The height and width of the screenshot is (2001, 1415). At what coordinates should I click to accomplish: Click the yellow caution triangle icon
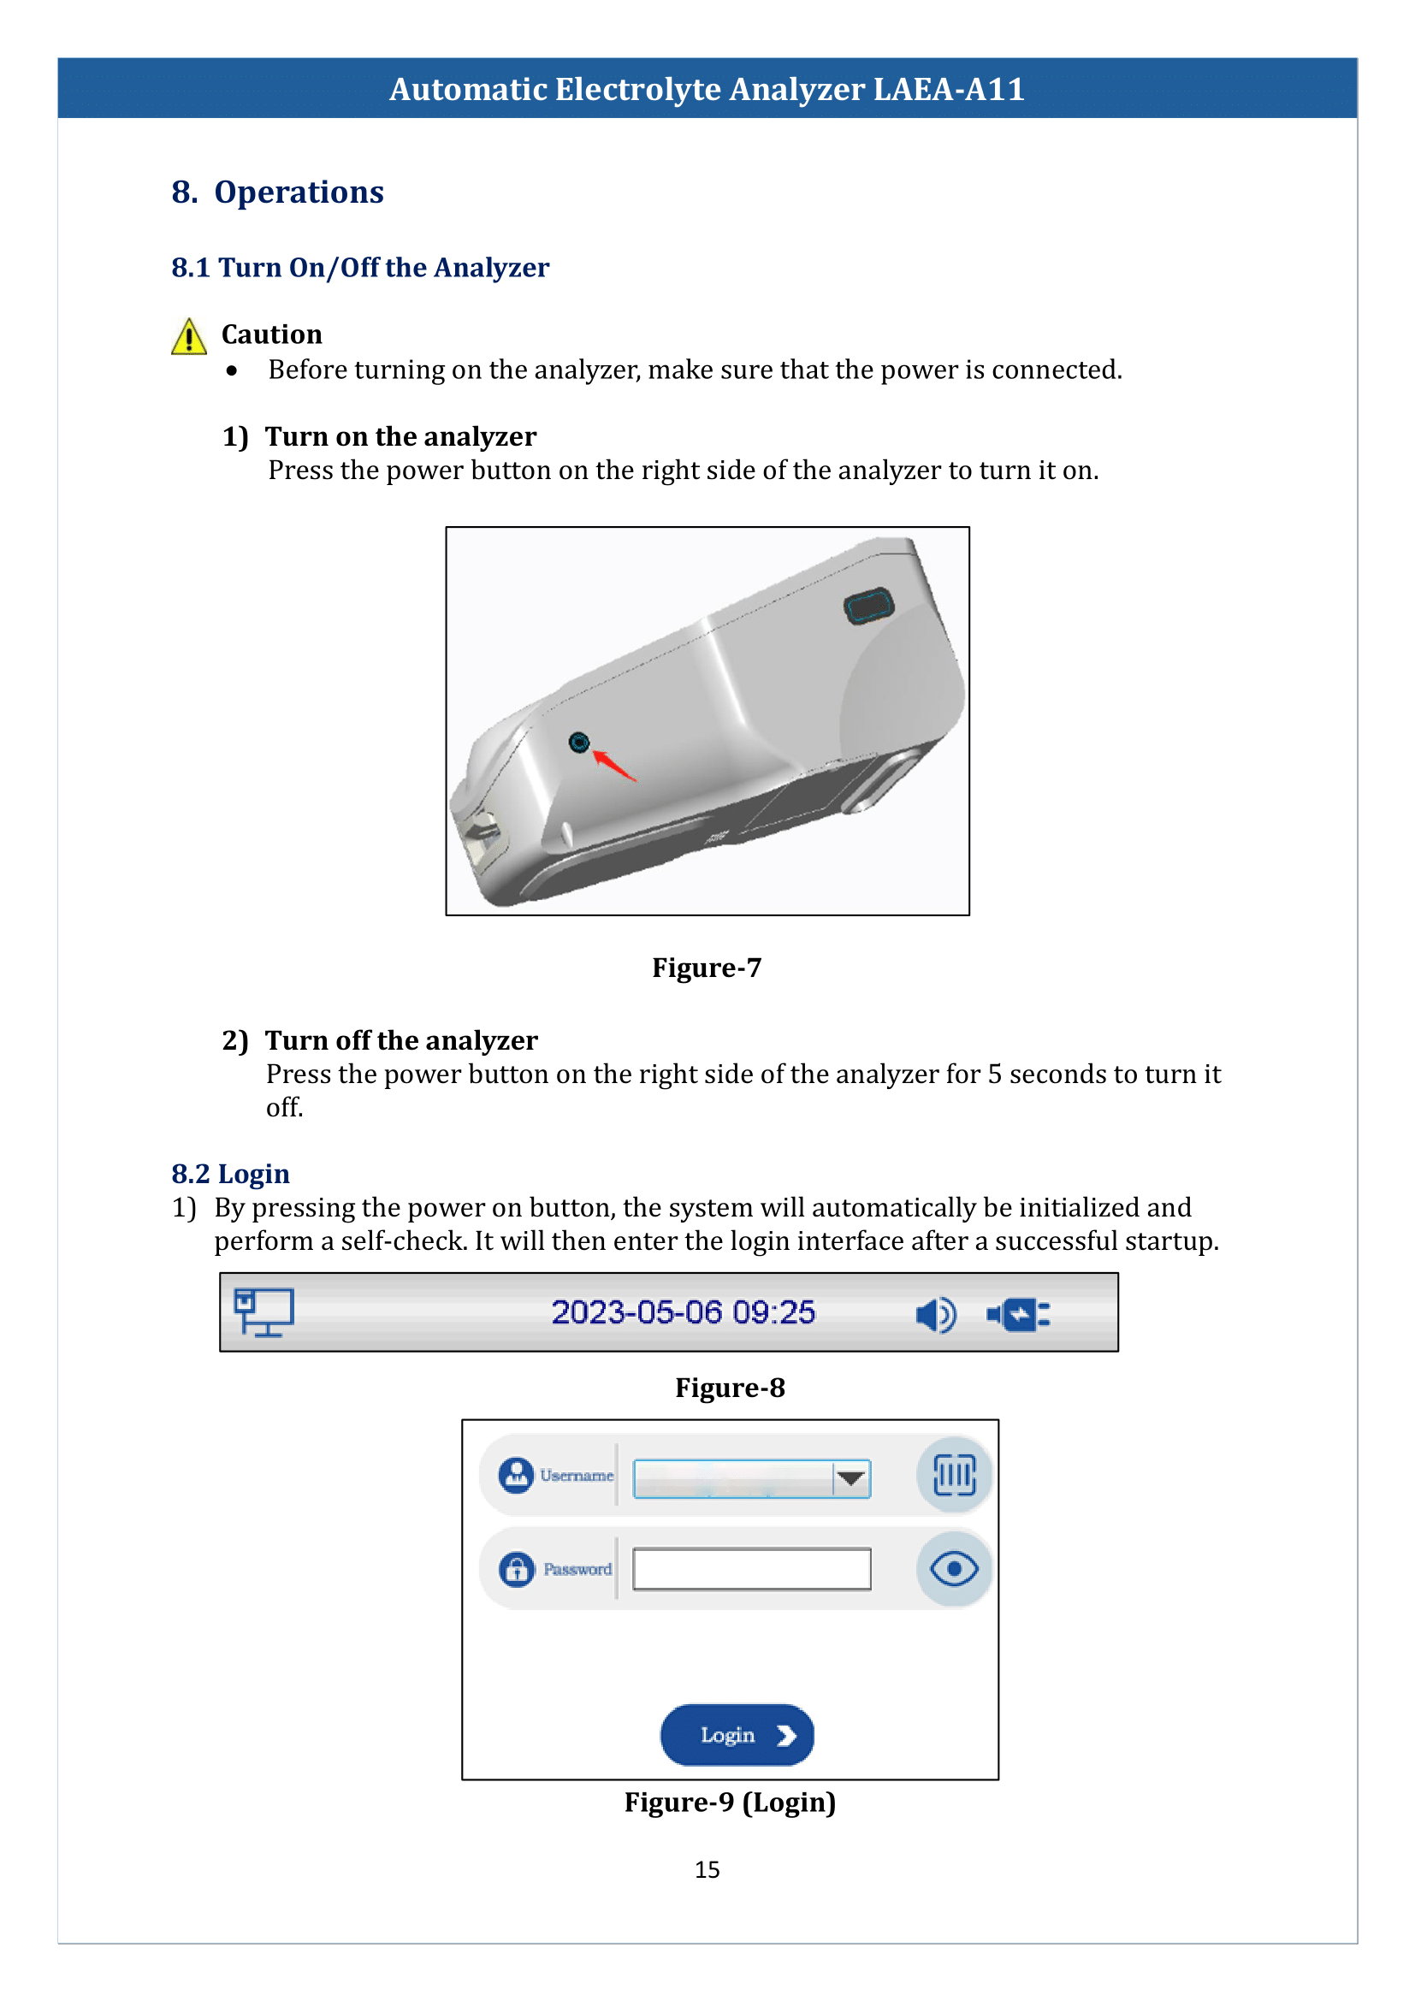click(188, 337)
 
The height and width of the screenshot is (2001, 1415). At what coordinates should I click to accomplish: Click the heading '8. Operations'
click(277, 192)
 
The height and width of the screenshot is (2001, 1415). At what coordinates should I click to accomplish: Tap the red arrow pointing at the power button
click(615, 765)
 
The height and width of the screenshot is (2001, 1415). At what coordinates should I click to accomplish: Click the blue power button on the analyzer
click(578, 742)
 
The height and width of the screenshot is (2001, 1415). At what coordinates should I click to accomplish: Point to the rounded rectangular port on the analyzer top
click(868, 606)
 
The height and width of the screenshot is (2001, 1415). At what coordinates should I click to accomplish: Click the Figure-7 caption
click(707, 968)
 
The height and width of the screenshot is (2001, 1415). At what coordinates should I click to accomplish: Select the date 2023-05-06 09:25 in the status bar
click(683, 1311)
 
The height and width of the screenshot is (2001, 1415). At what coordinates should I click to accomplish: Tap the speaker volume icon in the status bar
click(936, 1313)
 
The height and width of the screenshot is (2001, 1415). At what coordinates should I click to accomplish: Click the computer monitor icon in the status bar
click(264, 1311)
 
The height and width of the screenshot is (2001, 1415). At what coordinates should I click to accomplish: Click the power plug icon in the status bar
click(1019, 1313)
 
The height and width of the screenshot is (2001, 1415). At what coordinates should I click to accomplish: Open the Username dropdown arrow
click(850, 1478)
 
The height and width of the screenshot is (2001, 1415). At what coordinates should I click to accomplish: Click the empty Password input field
click(751, 1569)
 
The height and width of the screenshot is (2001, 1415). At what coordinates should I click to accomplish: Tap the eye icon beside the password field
click(954, 1569)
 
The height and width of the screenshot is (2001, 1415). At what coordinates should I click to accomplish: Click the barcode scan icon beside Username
click(954, 1475)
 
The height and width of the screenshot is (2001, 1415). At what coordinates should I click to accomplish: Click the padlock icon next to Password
click(517, 1569)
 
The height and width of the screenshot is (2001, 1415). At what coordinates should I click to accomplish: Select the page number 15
click(707, 1869)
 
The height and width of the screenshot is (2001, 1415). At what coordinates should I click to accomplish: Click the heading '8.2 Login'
click(230, 1174)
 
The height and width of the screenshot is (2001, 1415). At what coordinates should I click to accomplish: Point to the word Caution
click(272, 334)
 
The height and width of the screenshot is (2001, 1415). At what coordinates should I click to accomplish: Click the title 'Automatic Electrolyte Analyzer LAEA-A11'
click(707, 89)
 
